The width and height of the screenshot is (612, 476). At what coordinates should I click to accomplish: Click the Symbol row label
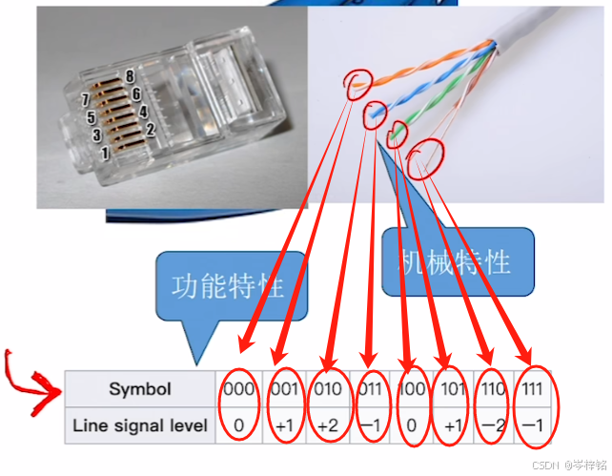[x=140, y=389]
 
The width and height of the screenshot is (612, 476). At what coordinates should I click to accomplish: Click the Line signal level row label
[x=140, y=425]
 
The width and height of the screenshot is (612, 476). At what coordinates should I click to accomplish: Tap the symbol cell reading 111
[x=534, y=389]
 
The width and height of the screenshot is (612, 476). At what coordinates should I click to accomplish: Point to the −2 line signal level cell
[x=493, y=425]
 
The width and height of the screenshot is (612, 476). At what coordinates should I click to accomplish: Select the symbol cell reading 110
[x=493, y=389]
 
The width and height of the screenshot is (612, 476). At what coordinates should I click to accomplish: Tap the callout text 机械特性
[x=455, y=260]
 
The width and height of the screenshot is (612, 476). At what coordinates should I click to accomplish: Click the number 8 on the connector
[x=129, y=76]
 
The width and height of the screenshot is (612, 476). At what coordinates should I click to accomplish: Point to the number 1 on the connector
[x=105, y=152]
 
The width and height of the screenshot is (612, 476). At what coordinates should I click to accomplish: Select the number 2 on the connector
[x=150, y=128]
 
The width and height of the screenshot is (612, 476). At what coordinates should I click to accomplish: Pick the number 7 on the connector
[x=85, y=99]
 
